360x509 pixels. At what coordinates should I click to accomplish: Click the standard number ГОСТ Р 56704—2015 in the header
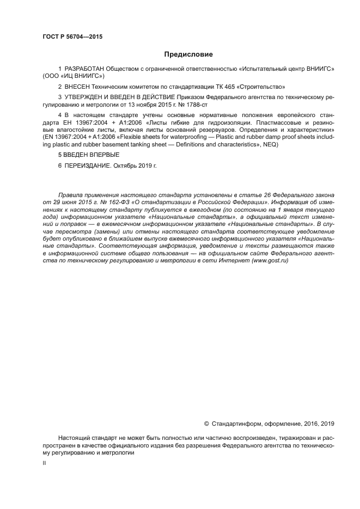(x=72, y=37)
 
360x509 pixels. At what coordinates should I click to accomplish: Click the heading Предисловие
(x=188, y=54)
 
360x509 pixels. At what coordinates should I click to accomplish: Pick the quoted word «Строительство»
(x=259, y=87)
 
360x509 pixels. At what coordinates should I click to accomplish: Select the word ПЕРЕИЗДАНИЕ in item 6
(x=87, y=165)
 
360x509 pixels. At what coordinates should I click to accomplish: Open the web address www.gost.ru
(x=270, y=261)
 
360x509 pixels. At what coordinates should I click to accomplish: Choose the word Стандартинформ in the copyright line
(x=237, y=423)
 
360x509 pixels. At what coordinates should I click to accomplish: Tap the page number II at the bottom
(x=44, y=462)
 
